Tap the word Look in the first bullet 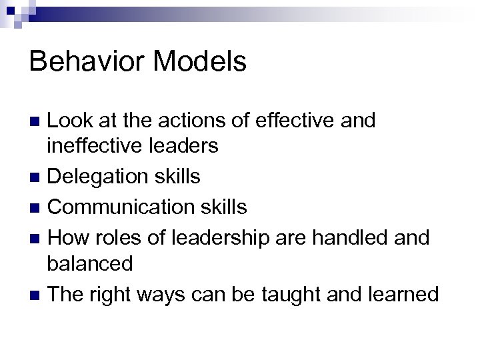pyautogui.click(x=72, y=121)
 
